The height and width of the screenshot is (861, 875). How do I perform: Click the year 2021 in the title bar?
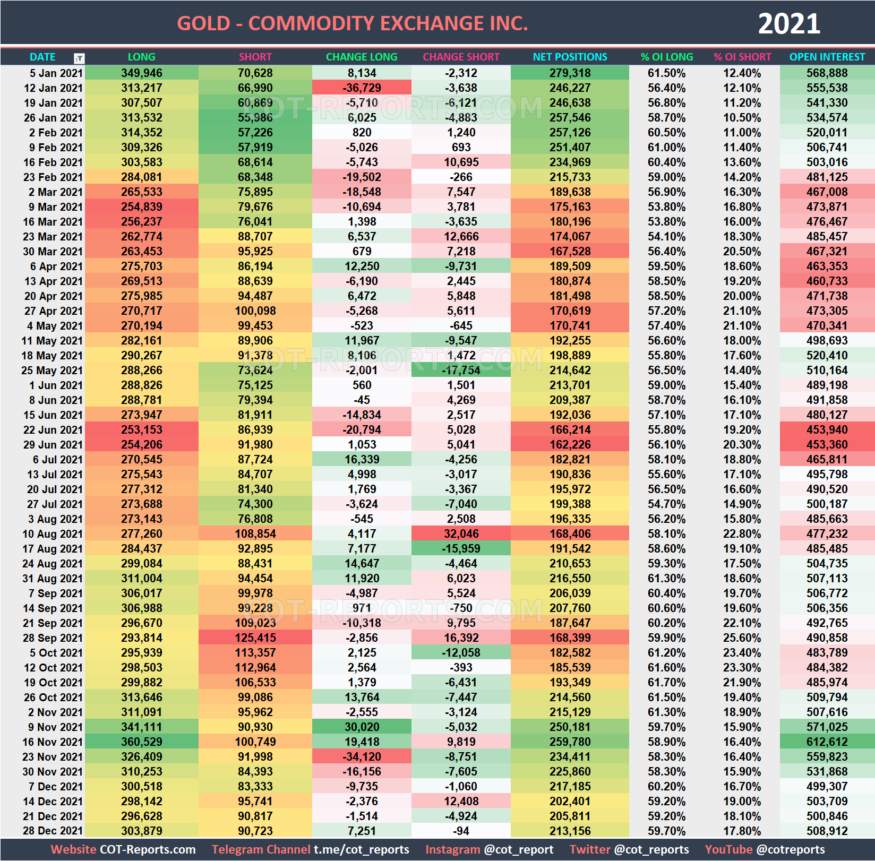tap(789, 24)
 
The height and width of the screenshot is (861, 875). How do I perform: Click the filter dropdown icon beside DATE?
tap(79, 58)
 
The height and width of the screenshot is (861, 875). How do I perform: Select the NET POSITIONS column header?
tap(570, 57)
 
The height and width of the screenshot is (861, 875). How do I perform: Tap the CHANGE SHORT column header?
tap(461, 57)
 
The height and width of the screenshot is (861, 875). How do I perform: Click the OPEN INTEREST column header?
tap(827, 57)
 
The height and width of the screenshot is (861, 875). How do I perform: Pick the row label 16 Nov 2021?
tap(53, 742)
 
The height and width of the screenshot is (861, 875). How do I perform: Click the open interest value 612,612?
tap(827, 742)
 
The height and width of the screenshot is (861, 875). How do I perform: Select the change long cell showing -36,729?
tap(362, 88)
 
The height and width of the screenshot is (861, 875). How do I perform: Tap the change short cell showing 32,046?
tap(461, 533)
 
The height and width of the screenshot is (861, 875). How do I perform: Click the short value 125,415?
tap(255, 638)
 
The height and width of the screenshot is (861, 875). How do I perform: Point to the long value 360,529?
tap(142, 742)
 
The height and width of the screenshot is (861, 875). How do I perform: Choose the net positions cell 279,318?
tap(570, 73)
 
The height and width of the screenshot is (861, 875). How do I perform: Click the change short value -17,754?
tap(461, 370)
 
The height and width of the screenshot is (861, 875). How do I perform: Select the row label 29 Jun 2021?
tap(53, 444)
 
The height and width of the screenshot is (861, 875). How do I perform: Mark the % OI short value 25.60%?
tap(742, 638)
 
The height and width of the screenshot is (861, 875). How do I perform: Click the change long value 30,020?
tap(362, 727)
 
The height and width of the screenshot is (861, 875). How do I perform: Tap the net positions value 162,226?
tap(570, 444)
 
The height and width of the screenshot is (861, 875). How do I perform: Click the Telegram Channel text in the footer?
tap(260, 849)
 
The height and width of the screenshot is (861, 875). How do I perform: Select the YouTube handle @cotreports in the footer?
tap(791, 849)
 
